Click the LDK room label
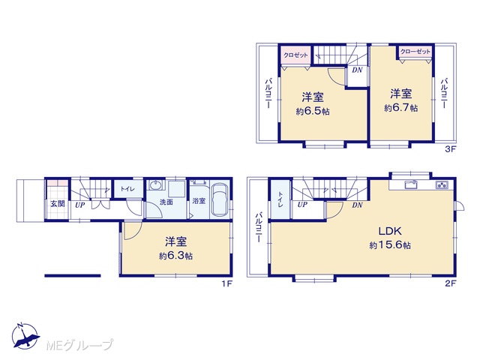390,231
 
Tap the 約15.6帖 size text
390,245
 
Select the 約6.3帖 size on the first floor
175,256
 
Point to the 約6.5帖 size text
313,111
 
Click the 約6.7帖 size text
401,108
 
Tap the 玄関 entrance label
58,204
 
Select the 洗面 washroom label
166,202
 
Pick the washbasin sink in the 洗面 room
156,185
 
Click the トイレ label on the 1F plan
127,189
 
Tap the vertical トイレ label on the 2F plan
280,199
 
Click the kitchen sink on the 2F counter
410,184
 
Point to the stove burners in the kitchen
442,185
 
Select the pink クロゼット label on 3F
295,55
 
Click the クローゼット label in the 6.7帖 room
415,52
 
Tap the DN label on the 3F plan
357,70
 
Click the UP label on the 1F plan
80,205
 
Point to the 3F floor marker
451,149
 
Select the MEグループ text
79,345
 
